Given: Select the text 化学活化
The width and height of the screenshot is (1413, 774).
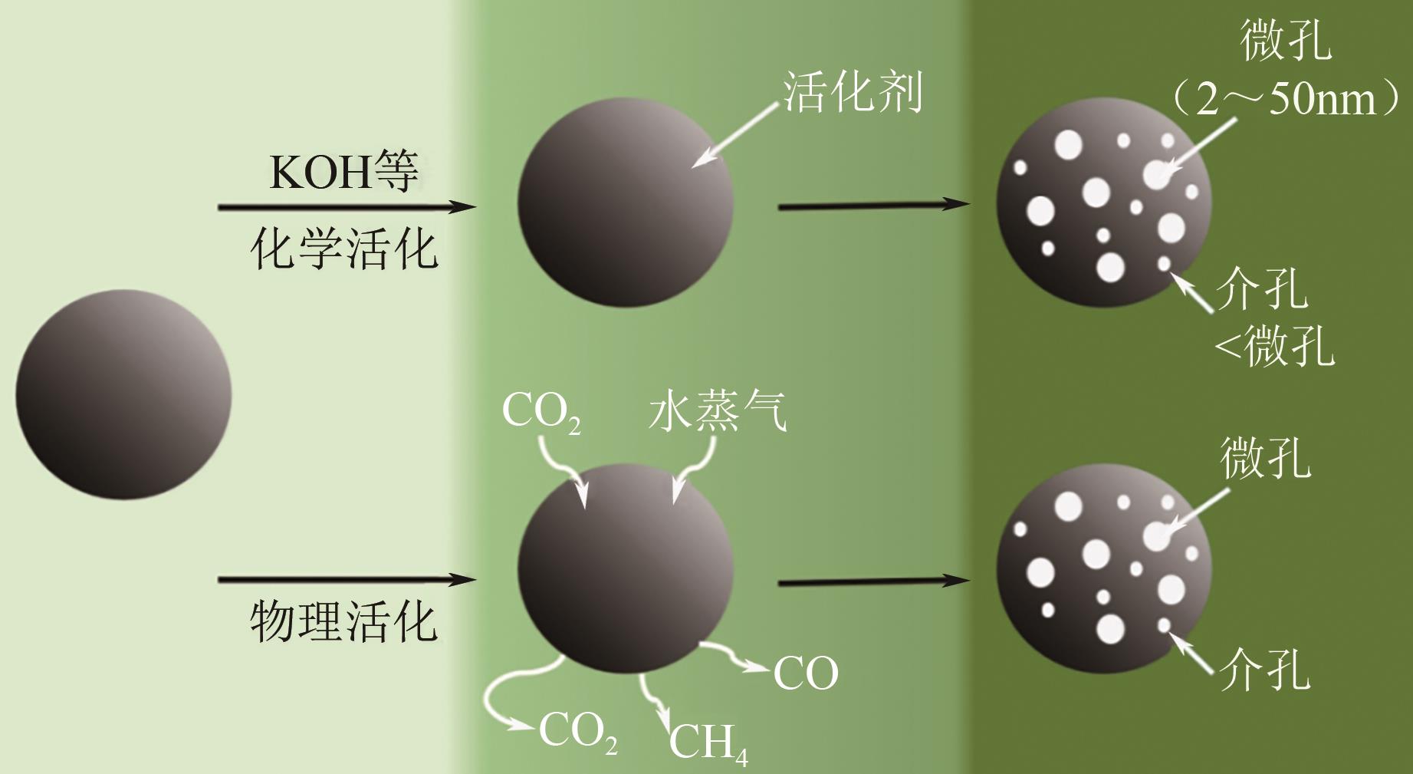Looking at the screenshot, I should [344, 249].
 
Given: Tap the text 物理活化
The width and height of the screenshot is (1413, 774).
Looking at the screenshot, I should [344, 621].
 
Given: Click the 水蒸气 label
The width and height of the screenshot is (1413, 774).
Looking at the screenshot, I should [717, 412].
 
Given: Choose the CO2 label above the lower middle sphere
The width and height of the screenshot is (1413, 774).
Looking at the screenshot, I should [541, 412].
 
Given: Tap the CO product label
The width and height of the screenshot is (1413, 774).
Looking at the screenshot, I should [806, 674].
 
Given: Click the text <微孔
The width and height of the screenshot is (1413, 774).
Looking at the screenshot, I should [1274, 346].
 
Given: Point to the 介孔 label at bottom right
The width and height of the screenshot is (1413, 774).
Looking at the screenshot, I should [1265, 670].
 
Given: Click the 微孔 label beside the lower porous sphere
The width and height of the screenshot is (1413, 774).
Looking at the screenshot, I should [1265, 459].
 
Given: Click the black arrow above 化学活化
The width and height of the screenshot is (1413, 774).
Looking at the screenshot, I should [347, 206].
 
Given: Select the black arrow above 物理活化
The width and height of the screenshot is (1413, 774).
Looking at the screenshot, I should [347, 580].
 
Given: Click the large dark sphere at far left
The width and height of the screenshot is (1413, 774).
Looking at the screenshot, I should [123, 395].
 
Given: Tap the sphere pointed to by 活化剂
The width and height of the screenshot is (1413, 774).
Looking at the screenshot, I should [625, 203].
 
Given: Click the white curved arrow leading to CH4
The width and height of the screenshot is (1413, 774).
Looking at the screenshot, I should [652, 698].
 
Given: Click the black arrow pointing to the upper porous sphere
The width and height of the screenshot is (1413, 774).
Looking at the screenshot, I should [874, 206].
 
